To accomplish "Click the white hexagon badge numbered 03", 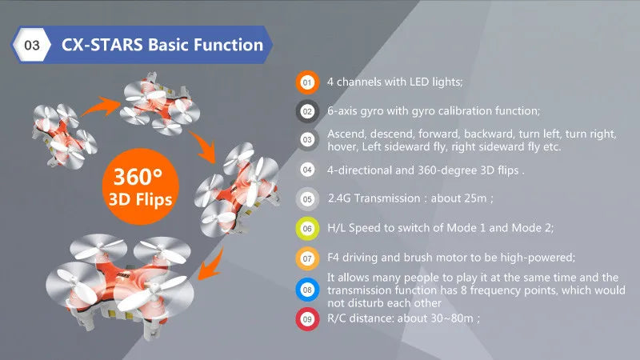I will [x=33, y=45].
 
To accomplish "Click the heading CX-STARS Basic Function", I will [x=162, y=45].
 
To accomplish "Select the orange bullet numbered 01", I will [x=306, y=82].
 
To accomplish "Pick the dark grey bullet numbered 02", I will [x=306, y=110].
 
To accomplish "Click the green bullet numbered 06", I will [x=306, y=229].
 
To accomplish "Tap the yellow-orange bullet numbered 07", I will [x=306, y=258].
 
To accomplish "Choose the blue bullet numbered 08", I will [x=306, y=290].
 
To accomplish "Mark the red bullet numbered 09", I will [x=306, y=320].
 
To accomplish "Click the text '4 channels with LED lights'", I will [x=395, y=82].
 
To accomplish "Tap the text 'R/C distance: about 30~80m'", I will [x=403, y=319].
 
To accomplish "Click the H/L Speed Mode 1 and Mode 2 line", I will [x=440, y=229].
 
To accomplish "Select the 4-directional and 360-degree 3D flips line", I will [x=426, y=170].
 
